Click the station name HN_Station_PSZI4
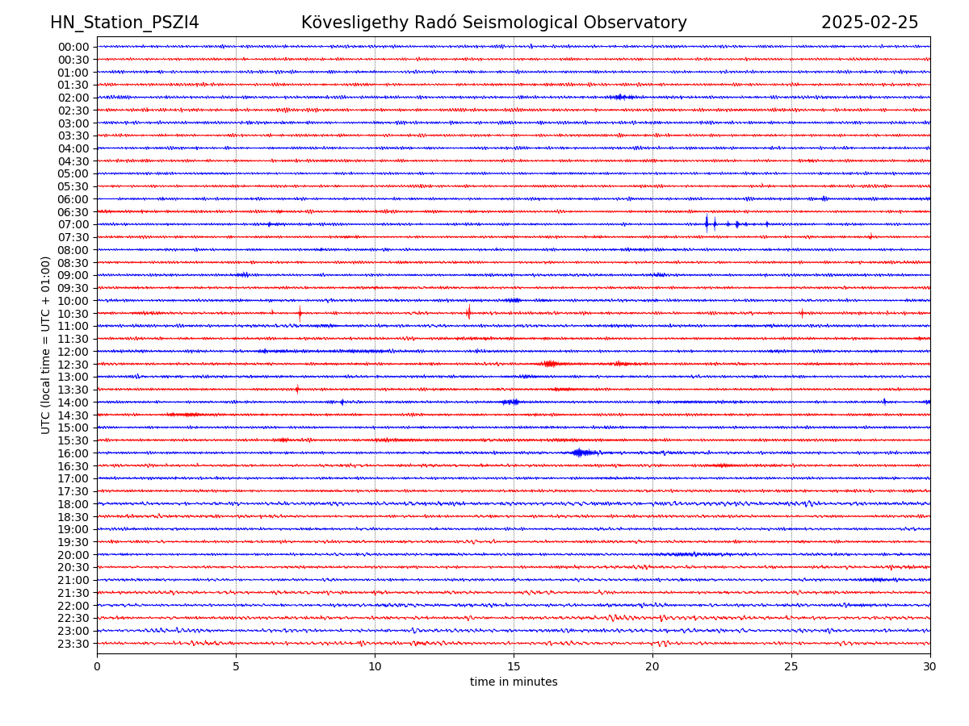pos(124,23)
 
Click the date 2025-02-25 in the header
pos(870,23)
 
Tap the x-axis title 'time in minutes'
pos(514,682)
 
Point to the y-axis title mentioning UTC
pos(46,344)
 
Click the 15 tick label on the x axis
pos(514,667)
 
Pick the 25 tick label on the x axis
pos(791,667)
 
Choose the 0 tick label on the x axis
pos(97,667)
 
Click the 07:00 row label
pos(73,224)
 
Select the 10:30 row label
pos(73,313)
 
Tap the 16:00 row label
pos(73,453)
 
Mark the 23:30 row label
pos(73,644)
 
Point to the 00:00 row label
pos(73,47)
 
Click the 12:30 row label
pos(73,365)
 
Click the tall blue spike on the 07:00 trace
pos(707,223)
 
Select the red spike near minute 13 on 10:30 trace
pos(468,312)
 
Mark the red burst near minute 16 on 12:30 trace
pos(551,364)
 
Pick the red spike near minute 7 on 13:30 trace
pos(297,389)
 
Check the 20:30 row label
pos(73,567)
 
